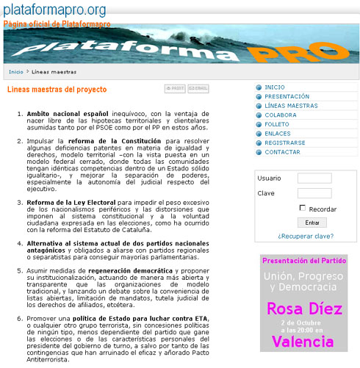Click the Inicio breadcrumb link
click(15, 72)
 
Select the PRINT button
click(175, 89)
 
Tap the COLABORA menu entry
click(281, 115)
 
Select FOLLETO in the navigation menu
click(278, 124)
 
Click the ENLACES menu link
click(278, 133)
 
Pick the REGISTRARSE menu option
click(285, 142)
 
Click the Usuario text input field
click(314, 178)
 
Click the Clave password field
click(314, 193)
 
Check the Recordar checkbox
click(303, 209)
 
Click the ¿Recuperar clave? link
click(305, 237)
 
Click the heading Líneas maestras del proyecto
click(57, 90)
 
